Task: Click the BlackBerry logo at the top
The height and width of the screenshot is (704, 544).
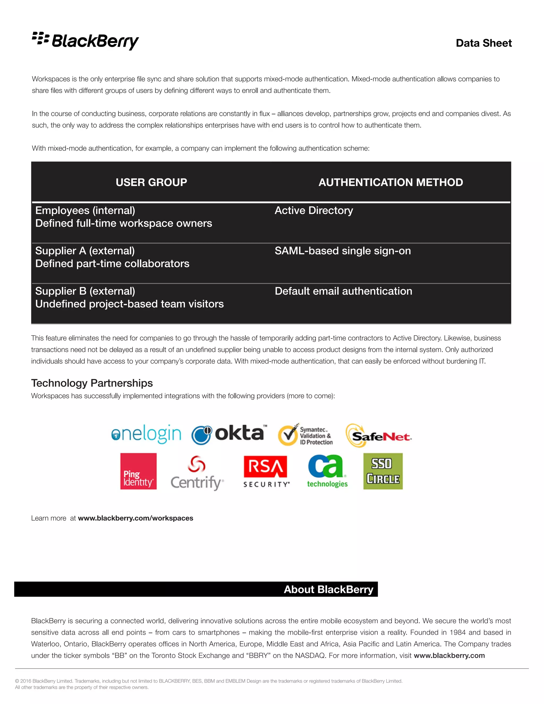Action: [86, 41]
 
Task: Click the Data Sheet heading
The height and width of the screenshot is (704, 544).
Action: [483, 43]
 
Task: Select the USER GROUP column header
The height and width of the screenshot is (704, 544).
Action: [151, 182]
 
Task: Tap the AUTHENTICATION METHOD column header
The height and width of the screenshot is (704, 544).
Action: [390, 182]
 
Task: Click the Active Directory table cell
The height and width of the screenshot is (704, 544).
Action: [314, 210]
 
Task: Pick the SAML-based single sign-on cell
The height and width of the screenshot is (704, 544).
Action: [343, 251]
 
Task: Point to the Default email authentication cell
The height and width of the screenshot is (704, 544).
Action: [343, 291]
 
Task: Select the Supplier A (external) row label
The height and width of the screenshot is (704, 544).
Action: [85, 251]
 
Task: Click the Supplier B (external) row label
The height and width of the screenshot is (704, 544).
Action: [85, 291]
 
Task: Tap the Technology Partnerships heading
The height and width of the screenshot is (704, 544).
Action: [92, 383]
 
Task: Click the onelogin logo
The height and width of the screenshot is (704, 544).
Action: [146, 434]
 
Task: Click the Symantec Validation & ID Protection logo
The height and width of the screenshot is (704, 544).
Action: [305, 435]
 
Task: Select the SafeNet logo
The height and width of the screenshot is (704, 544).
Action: [379, 436]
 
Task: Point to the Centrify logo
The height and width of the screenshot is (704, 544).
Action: [197, 473]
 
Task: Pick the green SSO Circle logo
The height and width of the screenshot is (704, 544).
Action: [383, 471]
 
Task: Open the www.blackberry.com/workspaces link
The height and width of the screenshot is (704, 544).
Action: [135, 518]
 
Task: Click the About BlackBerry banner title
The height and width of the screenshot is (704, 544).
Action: [328, 589]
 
